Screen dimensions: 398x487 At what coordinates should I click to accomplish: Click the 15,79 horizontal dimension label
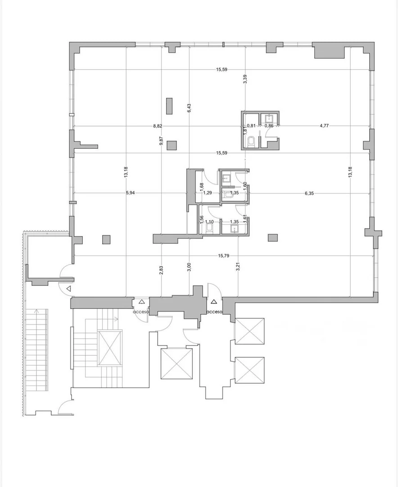(224, 256)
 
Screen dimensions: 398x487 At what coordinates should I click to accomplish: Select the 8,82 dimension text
(158, 126)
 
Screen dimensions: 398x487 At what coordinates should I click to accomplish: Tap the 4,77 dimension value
(324, 126)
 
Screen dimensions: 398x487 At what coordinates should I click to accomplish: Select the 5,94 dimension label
(130, 193)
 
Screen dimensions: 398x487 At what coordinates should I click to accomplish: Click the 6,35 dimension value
(309, 193)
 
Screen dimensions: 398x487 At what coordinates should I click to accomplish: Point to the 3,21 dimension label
(238, 267)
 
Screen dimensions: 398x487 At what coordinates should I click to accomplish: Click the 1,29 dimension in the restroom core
(208, 193)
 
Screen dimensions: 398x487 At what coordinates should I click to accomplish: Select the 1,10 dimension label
(210, 222)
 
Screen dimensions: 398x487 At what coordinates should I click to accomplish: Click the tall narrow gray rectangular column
(169, 106)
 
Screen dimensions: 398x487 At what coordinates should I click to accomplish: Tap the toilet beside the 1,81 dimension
(251, 142)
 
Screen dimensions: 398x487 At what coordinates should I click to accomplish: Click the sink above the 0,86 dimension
(269, 118)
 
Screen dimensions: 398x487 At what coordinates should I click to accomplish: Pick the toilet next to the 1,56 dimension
(210, 229)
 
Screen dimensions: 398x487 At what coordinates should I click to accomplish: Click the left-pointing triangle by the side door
(69, 289)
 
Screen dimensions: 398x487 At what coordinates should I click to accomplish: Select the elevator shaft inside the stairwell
(109, 348)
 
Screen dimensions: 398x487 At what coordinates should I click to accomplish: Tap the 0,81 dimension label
(252, 126)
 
